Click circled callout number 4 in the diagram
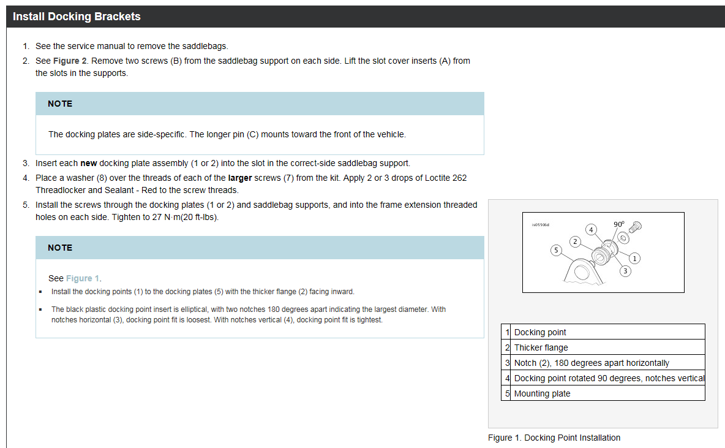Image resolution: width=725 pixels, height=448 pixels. [591, 230]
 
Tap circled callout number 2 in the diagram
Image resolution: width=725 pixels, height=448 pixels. [575, 241]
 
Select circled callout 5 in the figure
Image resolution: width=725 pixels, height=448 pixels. [556, 251]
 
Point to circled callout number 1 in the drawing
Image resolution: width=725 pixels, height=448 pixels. [634, 258]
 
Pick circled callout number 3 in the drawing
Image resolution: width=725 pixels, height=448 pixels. [625, 271]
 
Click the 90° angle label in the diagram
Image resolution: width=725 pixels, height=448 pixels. [618, 224]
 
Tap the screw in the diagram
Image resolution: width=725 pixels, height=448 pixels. [636, 227]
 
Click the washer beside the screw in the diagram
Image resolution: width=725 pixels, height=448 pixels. [623, 238]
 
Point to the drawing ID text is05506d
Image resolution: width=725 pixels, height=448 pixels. [541, 225]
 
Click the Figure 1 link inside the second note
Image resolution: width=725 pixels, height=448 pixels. [83, 278]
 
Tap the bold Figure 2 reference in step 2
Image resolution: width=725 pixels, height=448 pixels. [70, 61]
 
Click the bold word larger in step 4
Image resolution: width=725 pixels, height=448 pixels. [240, 178]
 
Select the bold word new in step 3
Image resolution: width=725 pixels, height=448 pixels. [89, 164]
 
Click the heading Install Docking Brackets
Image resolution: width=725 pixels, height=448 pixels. [77, 17]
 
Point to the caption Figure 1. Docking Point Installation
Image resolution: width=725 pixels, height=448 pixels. [554, 438]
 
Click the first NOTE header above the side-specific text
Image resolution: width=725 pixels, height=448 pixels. [60, 104]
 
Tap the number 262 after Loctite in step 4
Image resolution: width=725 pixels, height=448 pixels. [460, 178]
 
